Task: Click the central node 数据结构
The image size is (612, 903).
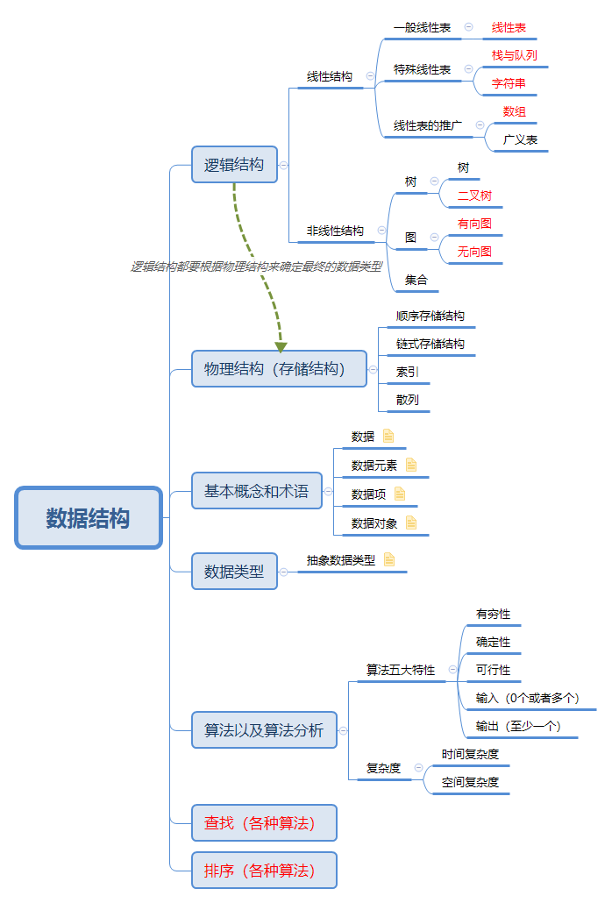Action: click(89, 518)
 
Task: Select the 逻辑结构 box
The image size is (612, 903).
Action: click(234, 164)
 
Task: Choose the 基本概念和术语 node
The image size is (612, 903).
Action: click(257, 491)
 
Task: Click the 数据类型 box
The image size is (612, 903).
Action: click(234, 572)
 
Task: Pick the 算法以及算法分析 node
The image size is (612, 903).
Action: click(264, 729)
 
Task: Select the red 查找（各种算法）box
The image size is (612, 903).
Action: click(264, 822)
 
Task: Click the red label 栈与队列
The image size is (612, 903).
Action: click(515, 55)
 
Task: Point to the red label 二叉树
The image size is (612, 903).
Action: click(474, 196)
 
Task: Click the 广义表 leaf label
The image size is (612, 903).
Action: click(520, 139)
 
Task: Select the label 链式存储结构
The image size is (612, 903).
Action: click(431, 344)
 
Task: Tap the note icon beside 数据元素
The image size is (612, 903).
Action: click(411, 465)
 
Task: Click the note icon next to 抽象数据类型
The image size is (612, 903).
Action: click(389, 559)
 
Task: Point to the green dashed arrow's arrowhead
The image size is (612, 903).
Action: click(281, 346)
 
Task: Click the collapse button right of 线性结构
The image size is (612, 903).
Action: click(370, 76)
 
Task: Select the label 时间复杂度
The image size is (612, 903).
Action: click(471, 754)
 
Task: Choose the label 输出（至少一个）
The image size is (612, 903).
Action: click(518, 726)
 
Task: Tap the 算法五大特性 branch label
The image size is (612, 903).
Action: click(401, 670)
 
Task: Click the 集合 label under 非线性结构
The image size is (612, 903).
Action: click(416, 280)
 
